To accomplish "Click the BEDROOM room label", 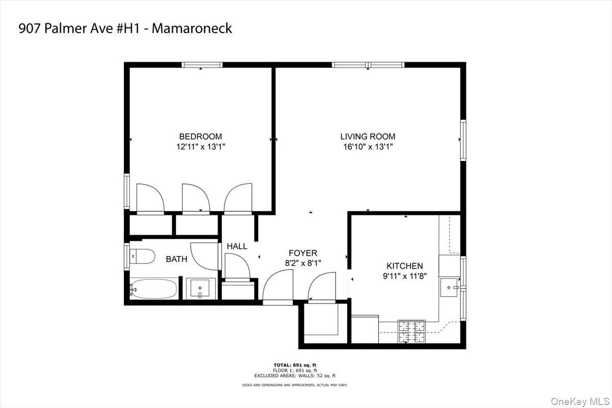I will (200, 136).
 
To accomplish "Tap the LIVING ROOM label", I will (368, 136).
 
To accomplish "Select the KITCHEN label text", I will (404, 266).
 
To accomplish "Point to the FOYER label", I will (302, 253).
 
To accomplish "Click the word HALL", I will (237, 246).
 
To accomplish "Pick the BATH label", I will (176, 259).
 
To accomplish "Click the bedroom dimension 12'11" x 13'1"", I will (200, 147).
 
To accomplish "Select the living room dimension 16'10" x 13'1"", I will (368, 147).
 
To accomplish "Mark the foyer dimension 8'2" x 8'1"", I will (302, 263).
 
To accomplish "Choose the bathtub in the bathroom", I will (154, 289).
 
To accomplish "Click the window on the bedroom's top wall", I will (202, 65).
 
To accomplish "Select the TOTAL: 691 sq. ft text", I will (295, 365).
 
